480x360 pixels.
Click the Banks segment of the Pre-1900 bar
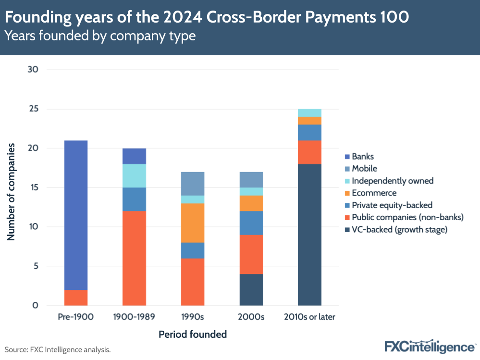click(75, 215)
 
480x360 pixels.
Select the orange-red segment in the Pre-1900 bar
click(75, 298)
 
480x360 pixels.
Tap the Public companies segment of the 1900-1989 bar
click(134, 258)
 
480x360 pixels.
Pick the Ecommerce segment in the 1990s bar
click(193, 223)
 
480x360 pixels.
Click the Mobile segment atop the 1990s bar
click(193, 184)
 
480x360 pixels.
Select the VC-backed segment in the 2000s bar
click(251, 289)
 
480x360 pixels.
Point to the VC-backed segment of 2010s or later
click(309, 235)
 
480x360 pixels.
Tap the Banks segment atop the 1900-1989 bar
click(134, 156)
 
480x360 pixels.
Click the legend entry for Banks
click(362, 156)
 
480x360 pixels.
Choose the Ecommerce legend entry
click(374, 193)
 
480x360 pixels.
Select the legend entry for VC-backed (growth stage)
click(399, 230)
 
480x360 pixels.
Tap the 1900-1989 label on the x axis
click(134, 317)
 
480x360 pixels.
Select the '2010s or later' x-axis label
click(309, 317)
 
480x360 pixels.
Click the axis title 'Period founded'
click(192, 334)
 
